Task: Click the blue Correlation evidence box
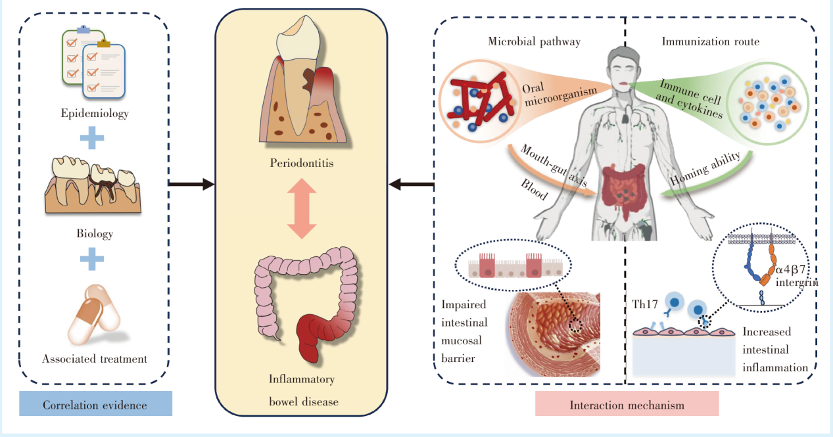(x=95, y=404)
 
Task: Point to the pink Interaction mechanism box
(x=627, y=404)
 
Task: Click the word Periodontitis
(x=301, y=162)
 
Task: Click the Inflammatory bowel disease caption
(x=301, y=390)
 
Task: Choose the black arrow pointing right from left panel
(x=191, y=185)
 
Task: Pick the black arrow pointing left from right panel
(x=411, y=185)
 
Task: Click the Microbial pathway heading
(x=534, y=41)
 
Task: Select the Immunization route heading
(x=710, y=41)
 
